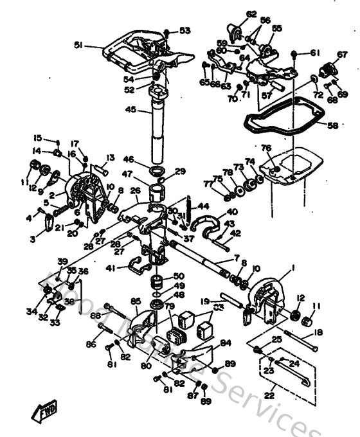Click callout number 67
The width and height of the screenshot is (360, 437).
pos(341,55)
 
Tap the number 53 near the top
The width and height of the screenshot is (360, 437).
pos(185,30)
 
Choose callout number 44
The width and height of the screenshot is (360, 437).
pos(203,206)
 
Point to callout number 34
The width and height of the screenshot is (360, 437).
pos(32,312)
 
